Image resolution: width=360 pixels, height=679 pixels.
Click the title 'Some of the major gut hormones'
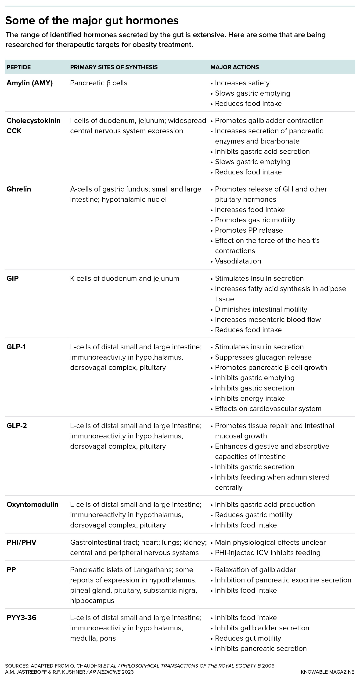click(92, 21)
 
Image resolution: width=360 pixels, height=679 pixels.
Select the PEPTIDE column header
click(18, 67)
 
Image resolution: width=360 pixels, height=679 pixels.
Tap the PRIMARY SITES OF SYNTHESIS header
click(114, 67)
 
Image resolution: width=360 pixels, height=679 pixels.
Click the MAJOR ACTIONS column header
click(234, 67)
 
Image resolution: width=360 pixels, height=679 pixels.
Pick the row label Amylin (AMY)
click(29, 83)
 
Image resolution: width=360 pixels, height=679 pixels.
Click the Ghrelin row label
click(18, 189)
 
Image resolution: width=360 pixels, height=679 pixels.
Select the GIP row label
click(12, 279)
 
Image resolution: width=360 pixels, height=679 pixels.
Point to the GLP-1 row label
click(16, 347)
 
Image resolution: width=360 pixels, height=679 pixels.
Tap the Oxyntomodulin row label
click(32, 505)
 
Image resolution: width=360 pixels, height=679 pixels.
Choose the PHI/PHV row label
click(21, 542)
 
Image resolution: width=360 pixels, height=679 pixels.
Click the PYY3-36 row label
click(21, 618)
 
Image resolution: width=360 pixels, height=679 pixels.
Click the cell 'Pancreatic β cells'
click(98, 83)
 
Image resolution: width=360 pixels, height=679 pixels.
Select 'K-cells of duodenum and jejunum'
click(124, 279)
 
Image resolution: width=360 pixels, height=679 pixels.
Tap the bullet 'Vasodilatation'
click(238, 261)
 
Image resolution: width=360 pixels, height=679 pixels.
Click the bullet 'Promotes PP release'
click(248, 230)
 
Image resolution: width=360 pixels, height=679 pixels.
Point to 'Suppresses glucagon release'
click(263, 358)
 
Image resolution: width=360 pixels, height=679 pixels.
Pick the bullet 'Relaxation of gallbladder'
click(255, 570)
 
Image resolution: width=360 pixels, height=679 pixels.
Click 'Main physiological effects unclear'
click(270, 542)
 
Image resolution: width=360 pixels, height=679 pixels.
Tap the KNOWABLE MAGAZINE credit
click(327, 672)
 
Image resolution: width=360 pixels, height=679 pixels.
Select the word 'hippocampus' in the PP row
click(92, 601)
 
